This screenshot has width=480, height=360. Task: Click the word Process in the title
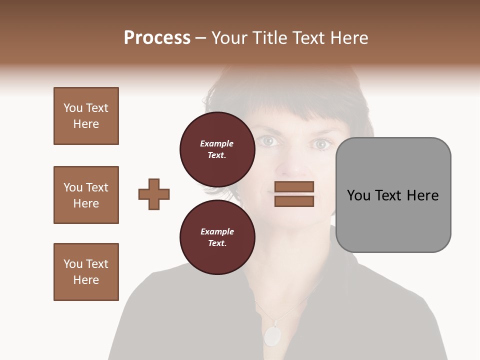[x=157, y=38]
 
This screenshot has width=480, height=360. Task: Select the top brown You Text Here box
[x=86, y=116]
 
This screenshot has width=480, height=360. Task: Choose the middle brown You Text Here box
[x=86, y=195]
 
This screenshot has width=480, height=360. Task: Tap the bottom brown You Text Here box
[x=86, y=272]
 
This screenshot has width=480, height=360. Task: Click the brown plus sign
[x=154, y=194]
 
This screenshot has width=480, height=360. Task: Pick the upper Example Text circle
[x=217, y=149]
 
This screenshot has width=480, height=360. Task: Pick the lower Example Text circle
[x=217, y=237]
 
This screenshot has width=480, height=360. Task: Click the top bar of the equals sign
[x=294, y=187]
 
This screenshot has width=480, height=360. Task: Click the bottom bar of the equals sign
[x=294, y=201]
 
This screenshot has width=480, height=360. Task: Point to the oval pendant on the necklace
[x=272, y=336]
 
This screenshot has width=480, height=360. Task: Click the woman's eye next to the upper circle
[x=268, y=141]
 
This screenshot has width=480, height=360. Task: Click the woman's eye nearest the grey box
[x=320, y=144]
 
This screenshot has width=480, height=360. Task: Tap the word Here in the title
[x=348, y=38]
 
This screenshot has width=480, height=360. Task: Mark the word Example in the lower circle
[x=217, y=231]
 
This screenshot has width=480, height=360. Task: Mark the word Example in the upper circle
[x=217, y=143]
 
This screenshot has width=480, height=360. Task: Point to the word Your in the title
[x=230, y=38]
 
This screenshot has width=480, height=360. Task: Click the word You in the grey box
[x=358, y=195]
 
